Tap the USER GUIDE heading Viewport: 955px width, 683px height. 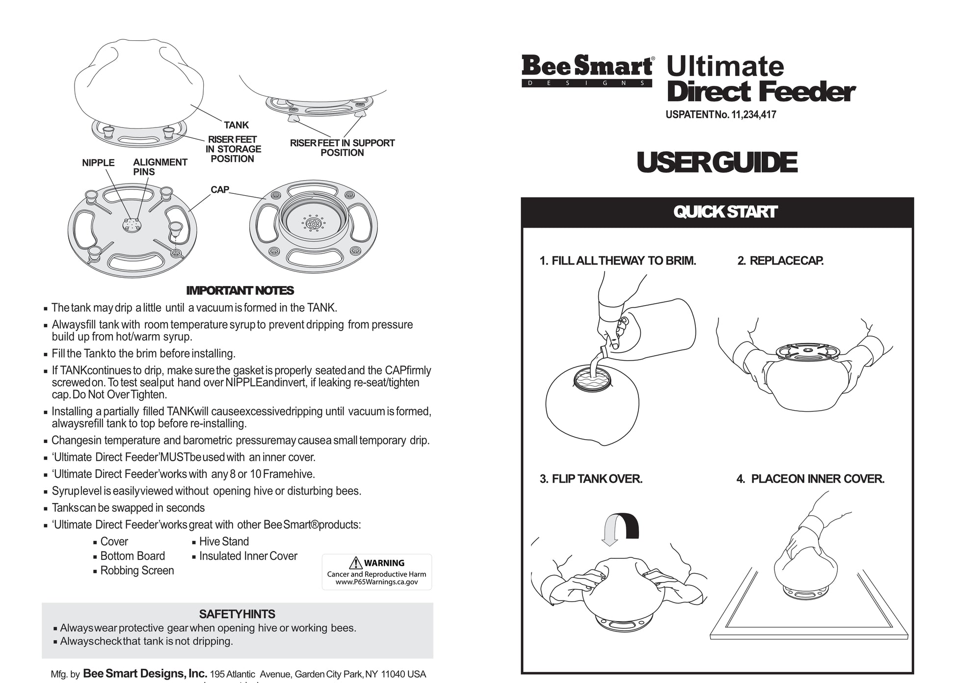(x=716, y=162)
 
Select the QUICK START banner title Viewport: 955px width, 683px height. (x=725, y=212)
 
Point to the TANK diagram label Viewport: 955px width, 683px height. (x=236, y=125)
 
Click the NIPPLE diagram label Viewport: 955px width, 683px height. (x=98, y=162)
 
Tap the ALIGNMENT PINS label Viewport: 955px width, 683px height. (x=160, y=167)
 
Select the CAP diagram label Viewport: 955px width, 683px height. (x=220, y=189)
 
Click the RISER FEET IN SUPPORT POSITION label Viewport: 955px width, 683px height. (x=342, y=148)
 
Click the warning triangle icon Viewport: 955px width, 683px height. (x=355, y=563)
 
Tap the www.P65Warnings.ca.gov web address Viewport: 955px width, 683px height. (x=377, y=582)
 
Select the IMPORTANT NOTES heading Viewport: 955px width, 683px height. (x=240, y=290)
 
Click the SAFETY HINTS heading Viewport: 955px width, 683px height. (x=237, y=614)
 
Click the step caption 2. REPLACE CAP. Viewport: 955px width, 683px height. (x=780, y=261)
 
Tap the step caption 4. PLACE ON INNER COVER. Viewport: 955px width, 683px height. (x=810, y=478)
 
